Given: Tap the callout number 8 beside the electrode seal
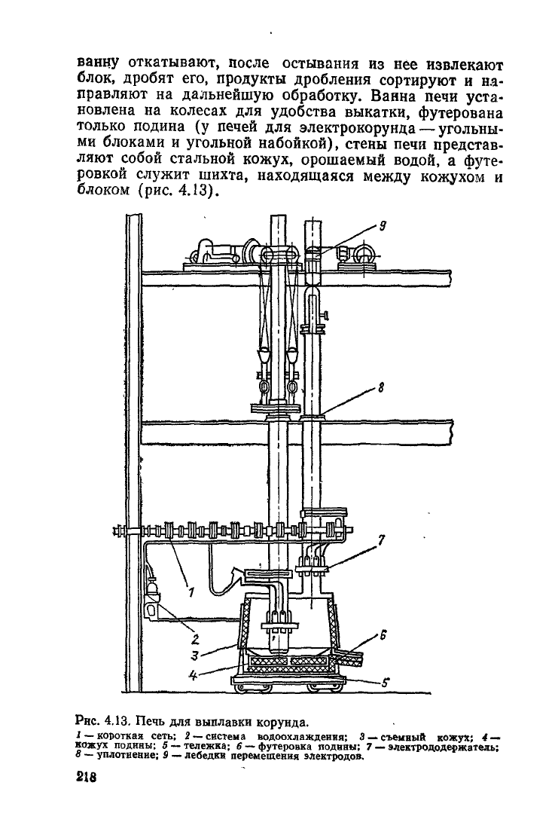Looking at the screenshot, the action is coord(381,387).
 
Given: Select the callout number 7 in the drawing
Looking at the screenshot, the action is coord(381,540).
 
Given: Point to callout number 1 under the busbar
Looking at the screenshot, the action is coord(191,591).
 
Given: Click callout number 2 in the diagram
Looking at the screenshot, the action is coord(197,638).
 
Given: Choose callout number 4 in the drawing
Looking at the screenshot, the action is coord(192,674).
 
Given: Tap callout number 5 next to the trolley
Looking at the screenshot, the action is coord(385,683).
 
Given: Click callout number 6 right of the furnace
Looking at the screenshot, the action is coord(384,634).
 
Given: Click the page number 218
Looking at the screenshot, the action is coord(87,778).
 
